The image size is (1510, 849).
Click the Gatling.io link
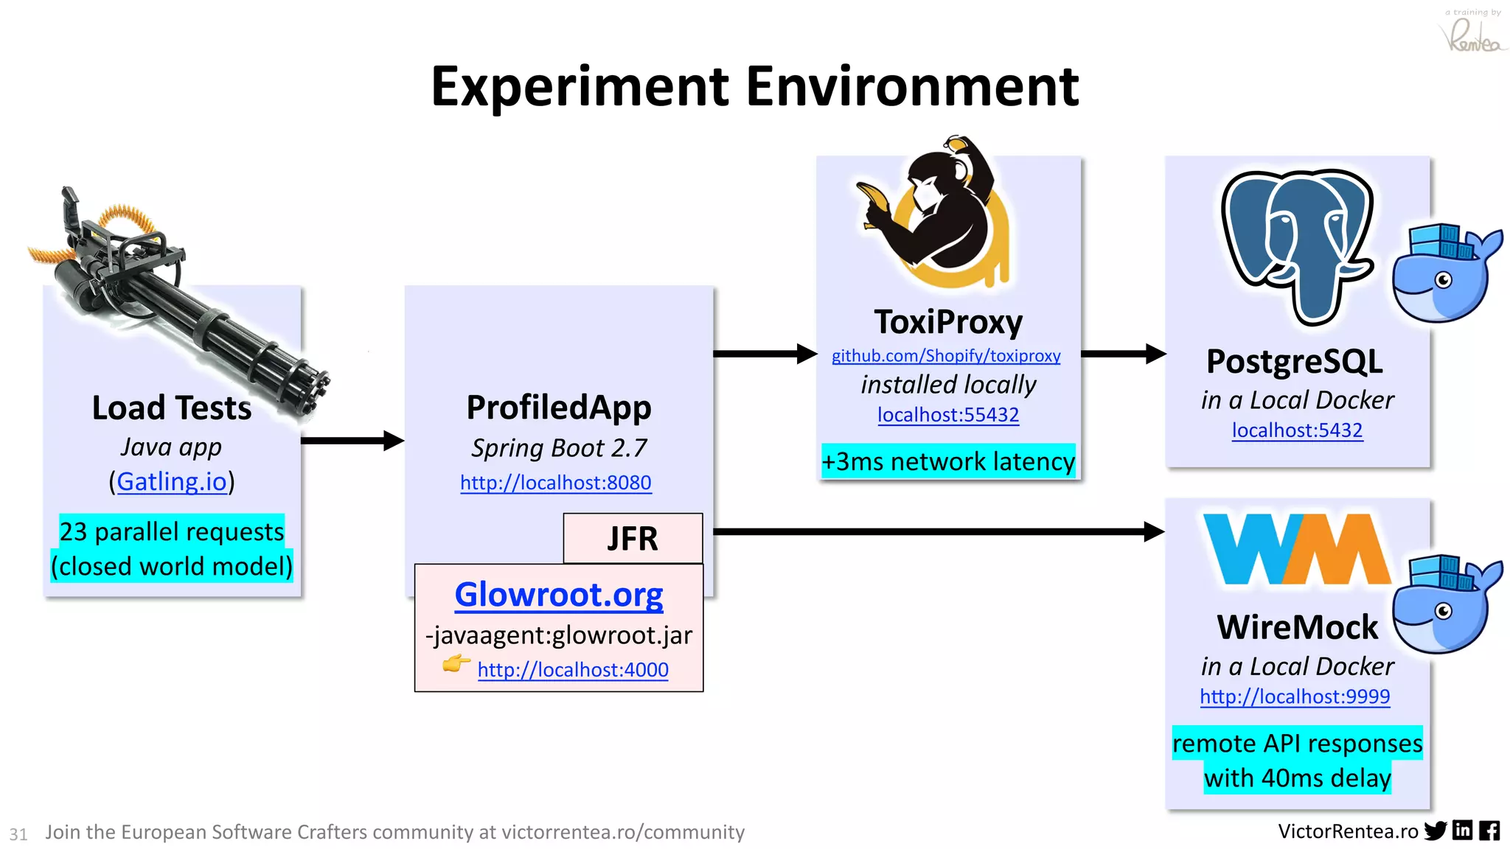point(172,482)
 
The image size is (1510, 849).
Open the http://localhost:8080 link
point(556,483)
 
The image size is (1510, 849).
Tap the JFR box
point(633,539)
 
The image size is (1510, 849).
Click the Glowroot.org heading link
point(559,595)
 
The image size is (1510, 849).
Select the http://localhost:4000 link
point(573,670)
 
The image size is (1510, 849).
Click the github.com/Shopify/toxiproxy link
point(946,356)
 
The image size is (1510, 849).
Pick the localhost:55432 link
point(948,415)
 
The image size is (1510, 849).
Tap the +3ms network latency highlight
point(948,461)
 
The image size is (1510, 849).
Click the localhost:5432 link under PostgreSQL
point(1297,430)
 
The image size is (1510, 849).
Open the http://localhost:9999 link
point(1295,696)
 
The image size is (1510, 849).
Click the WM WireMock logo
point(1295,549)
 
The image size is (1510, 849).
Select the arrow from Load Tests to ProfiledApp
point(352,441)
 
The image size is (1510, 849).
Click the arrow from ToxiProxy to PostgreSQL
point(1122,354)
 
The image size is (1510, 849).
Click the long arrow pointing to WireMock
point(936,531)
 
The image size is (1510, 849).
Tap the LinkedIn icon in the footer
point(1462,831)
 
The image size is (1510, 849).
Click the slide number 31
point(18,834)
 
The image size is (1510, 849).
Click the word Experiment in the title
point(580,87)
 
